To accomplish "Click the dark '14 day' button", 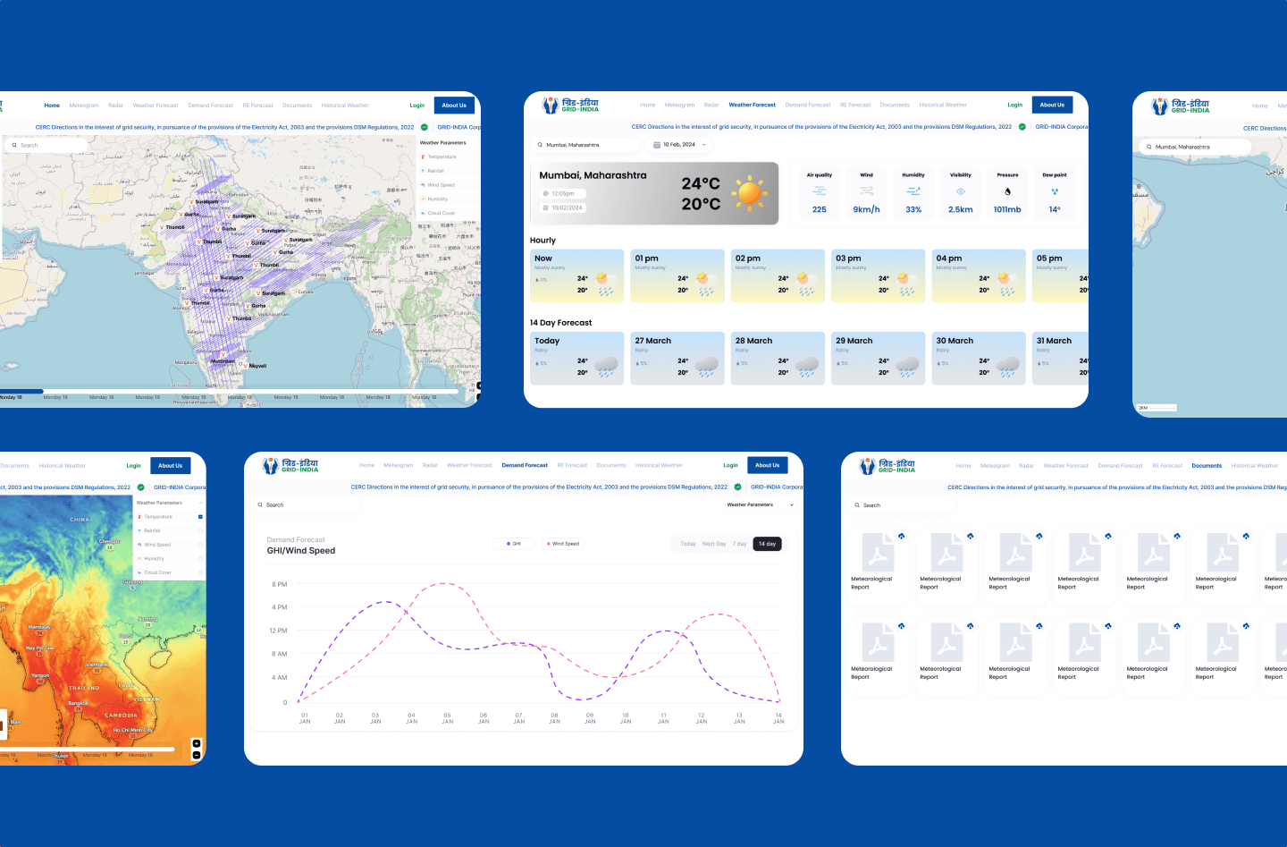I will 767,544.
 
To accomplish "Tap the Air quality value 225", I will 820,209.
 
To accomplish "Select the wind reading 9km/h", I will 866,209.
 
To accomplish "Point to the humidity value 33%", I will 913,209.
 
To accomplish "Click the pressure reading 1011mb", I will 1007,209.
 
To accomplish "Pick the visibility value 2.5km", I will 961,209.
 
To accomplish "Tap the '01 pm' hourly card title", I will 646,258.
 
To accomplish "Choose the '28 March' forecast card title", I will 753,341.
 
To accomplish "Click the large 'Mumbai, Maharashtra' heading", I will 593,175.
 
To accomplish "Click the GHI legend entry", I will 514,544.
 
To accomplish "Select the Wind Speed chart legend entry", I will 563,544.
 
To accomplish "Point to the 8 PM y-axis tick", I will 280,584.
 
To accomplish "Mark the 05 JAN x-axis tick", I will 447,718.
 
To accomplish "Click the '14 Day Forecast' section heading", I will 560,323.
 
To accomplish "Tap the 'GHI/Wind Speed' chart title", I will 301,551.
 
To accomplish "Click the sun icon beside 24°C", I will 749,192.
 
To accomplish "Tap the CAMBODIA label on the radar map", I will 121,716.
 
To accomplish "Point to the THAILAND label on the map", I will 84,688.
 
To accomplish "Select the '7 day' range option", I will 739,544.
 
